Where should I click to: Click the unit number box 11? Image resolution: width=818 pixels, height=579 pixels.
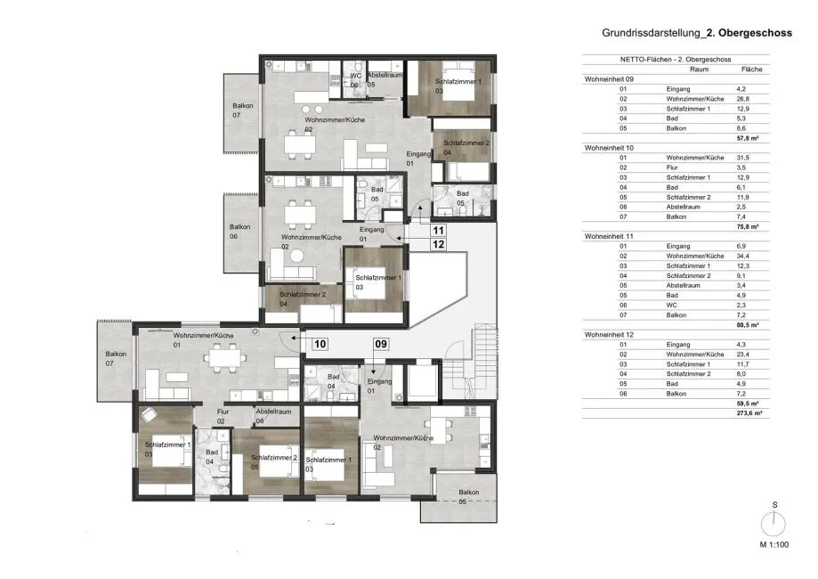click(x=438, y=230)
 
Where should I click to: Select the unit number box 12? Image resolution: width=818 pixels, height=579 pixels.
click(x=438, y=244)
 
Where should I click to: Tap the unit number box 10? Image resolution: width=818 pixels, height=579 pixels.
click(x=320, y=344)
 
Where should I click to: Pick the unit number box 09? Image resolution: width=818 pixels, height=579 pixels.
click(x=381, y=344)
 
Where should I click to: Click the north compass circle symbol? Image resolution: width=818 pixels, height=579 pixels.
click(x=773, y=523)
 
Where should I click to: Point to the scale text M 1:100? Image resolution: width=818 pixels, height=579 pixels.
click(x=774, y=544)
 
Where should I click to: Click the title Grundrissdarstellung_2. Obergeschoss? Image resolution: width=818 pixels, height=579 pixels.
click(x=697, y=33)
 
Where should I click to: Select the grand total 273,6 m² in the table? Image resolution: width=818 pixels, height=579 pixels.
click(x=749, y=413)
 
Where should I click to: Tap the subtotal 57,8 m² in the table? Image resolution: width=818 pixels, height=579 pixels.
click(x=748, y=138)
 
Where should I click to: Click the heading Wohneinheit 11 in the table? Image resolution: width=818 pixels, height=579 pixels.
click(x=609, y=236)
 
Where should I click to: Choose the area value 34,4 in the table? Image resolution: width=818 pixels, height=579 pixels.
click(x=743, y=256)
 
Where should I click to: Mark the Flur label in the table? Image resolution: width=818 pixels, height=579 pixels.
click(x=672, y=167)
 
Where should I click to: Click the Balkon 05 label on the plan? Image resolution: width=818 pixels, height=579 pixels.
click(x=468, y=496)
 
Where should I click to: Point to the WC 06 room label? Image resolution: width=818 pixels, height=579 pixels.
click(x=355, y=80)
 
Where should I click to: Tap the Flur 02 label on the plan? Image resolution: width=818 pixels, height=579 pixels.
click(x=223, y=416)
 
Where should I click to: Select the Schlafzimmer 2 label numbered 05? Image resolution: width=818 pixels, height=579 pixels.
click(x=274, y=462)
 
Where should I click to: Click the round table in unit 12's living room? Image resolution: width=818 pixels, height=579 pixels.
click(x=296, y=256)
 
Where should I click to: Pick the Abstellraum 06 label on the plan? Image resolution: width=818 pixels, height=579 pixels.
click(x=273, y=416)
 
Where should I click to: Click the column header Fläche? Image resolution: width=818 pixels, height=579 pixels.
click(x=751, y=69)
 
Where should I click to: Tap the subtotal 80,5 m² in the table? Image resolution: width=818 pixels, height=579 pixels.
click(x=748, y=325)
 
